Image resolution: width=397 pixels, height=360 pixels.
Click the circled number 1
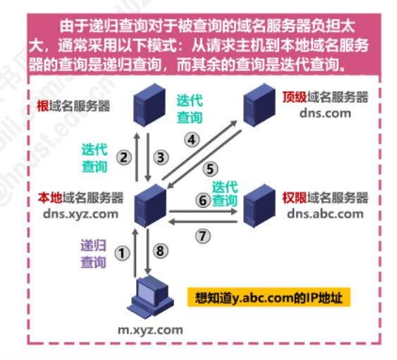tap(122, 253)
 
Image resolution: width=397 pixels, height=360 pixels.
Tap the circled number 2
tap(124, 157)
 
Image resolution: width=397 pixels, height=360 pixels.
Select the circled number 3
tap(161, 157)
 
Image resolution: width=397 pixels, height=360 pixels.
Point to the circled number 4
tap(192, 139)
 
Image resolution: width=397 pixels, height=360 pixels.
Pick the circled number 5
tap(210, 169)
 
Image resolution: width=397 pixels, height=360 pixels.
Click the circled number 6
tap(203, 200)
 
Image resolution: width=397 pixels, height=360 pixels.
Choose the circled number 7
tap(203, 236)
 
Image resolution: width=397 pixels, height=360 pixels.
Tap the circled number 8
tap(161, 251)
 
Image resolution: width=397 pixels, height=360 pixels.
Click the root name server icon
tap(149, 105)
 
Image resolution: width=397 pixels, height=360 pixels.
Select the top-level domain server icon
tap(259, 105)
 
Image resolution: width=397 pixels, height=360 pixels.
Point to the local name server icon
tap(150, 206)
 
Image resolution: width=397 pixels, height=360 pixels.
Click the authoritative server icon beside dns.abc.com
tap(259, 206)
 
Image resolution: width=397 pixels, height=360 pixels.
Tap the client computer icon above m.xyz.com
tap(150, 297)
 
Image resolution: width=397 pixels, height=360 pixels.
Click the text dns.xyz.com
tap(81, 214)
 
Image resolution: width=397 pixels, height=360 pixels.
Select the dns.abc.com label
tap(325, 214)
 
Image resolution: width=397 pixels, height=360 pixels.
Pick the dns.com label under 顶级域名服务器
tap(325, 113)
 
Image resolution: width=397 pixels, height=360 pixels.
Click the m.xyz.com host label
tap(150, 330)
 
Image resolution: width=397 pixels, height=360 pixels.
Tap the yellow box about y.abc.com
tap(269, 297)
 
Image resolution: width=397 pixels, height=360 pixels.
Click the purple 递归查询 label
tap(93, 254)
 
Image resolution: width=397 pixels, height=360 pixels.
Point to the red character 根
tap(43, 106)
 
